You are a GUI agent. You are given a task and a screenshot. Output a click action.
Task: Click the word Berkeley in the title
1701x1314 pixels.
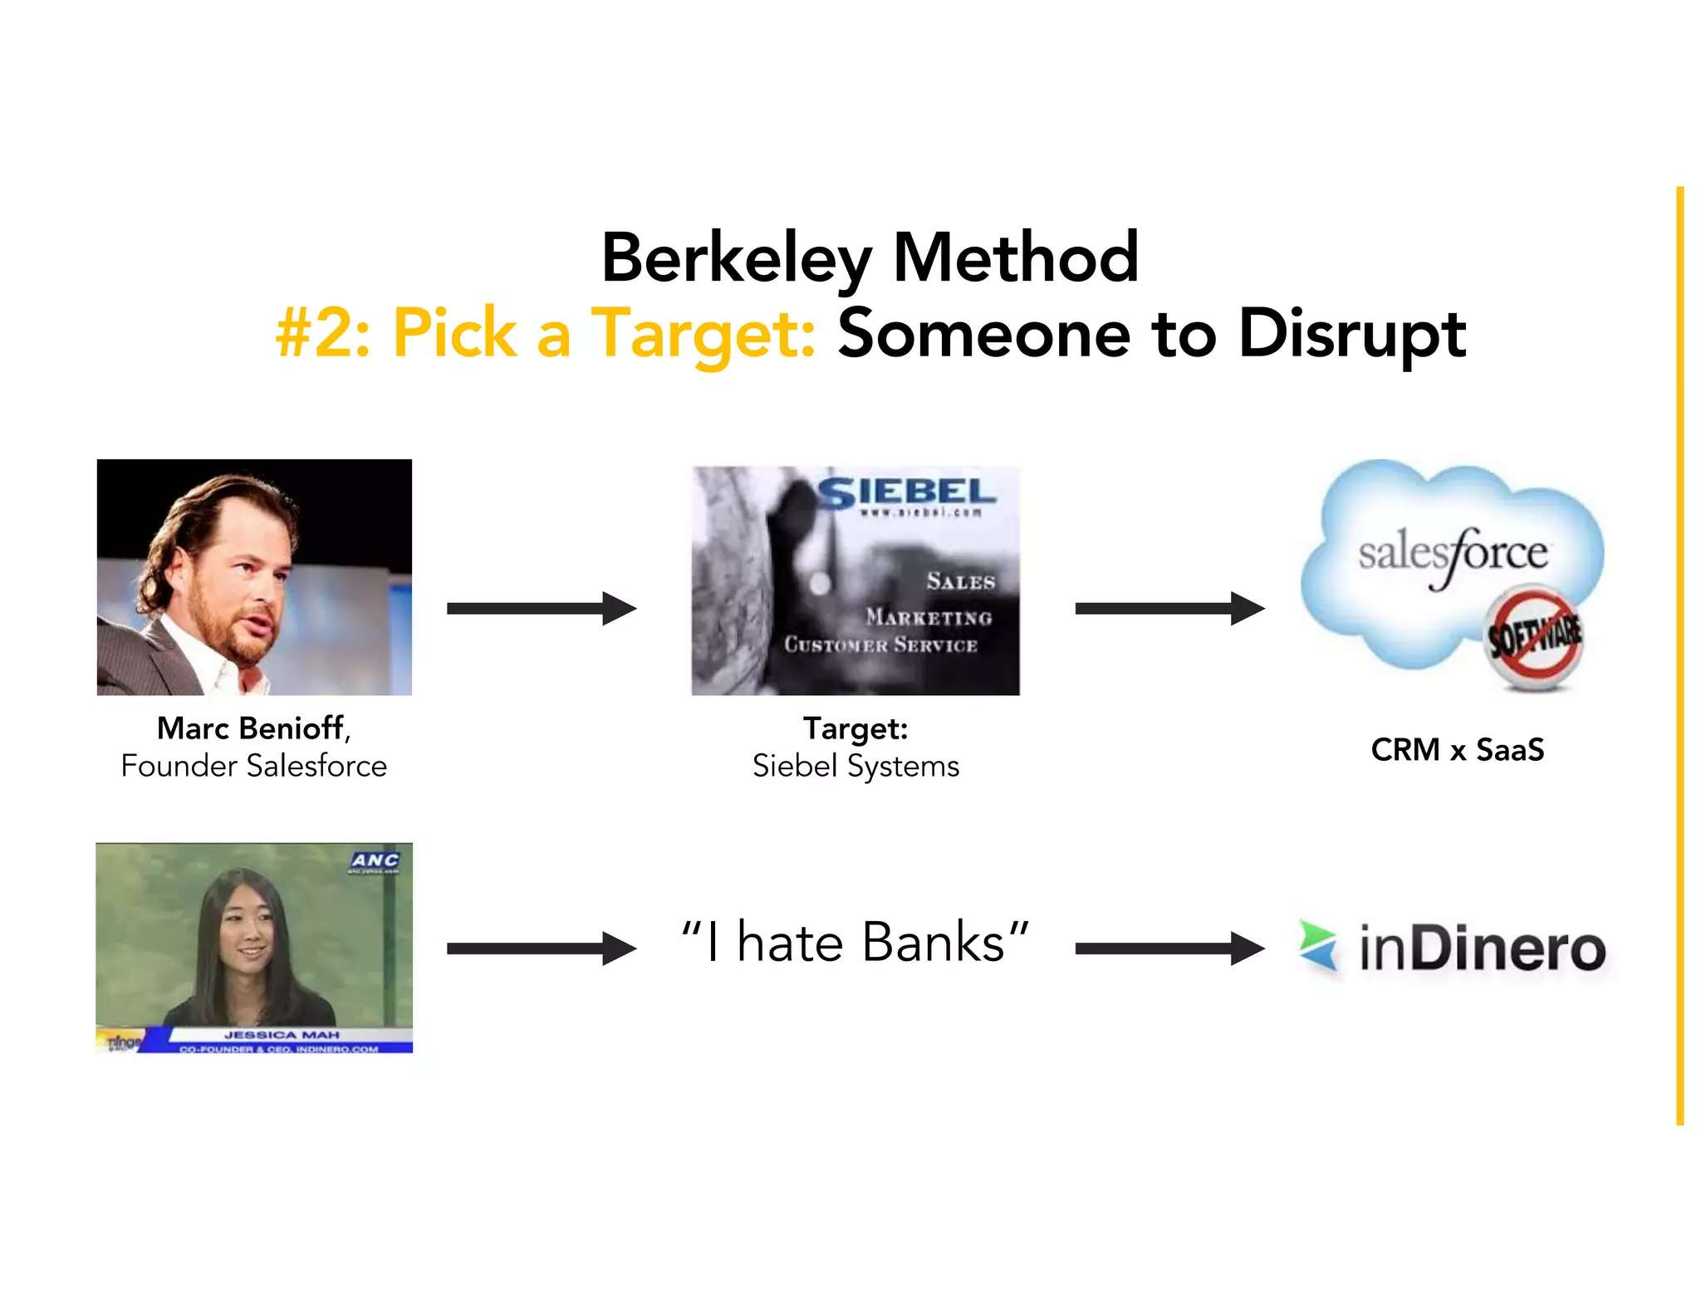(x=736, y=259)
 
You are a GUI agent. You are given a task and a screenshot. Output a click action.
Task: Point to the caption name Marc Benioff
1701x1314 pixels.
(x=251, y=728)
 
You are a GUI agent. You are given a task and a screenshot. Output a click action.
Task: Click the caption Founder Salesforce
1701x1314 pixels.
(x=254, y=766)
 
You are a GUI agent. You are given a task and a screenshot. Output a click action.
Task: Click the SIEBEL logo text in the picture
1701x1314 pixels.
(x=907, y=493)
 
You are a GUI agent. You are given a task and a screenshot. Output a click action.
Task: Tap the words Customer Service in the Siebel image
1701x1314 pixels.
(x=880, y=645)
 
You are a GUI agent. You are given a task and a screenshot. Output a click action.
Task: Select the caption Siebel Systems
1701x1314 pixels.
(x=855, y=766)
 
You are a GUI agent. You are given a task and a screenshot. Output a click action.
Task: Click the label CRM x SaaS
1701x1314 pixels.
(x=1458, y=750)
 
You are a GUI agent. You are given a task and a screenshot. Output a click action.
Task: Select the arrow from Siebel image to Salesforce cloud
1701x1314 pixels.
(x=1169, y=608)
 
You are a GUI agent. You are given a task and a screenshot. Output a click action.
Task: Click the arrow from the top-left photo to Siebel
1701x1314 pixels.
(x=542, y=608)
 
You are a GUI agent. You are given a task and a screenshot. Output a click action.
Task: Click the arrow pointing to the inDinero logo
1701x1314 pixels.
(x=1169, y=949)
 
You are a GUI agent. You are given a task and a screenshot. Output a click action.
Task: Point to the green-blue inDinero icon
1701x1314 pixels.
(x=1319, y=945)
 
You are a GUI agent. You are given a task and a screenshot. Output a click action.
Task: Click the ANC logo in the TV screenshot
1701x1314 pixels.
(x=375, y=860)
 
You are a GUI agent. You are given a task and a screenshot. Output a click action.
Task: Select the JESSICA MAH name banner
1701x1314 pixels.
(x=282, y=1035)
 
